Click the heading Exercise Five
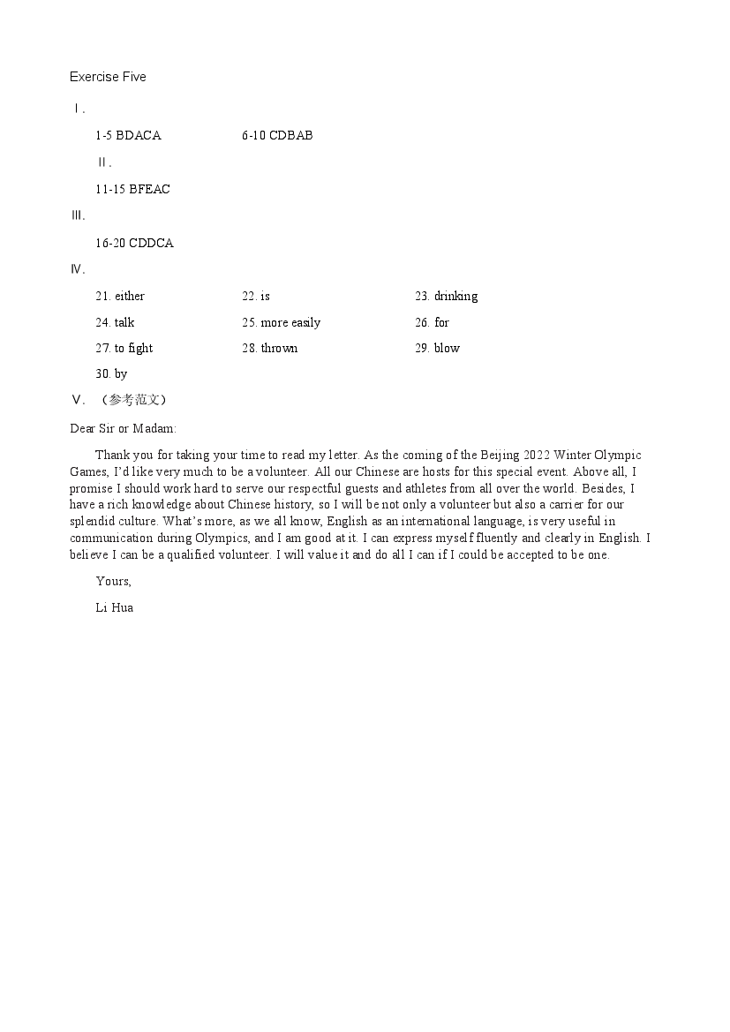click(x=108, y=77)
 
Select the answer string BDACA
click(x=139, y=135)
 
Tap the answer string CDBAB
click(x=290, y=135)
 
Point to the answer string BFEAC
click(x=149, y=189)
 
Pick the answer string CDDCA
click(x=151, y=243)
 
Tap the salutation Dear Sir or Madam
click(x=123, y=428)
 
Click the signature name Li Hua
click(x=114, y=607)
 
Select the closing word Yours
click(x=113, y=581)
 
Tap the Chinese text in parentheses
click(x=133, y=399)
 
